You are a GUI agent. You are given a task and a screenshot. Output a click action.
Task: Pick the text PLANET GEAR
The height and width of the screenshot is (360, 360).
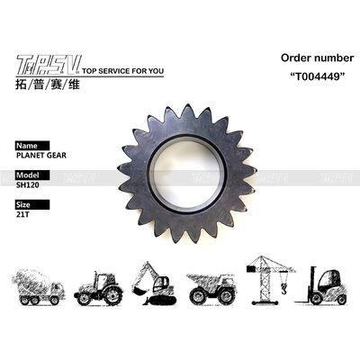point(41,155)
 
